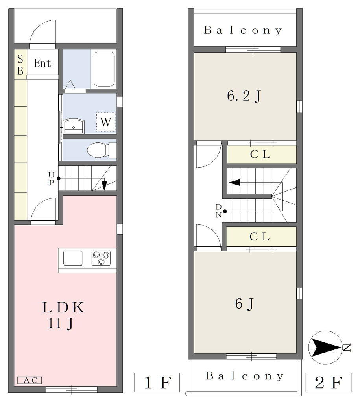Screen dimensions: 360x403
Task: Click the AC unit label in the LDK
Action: (x=30, y=380)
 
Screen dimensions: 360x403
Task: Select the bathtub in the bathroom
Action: (x=104, y=69)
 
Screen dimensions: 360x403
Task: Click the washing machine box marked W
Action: (x=106, y=122)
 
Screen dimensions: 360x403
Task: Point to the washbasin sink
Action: (x=74, y=126)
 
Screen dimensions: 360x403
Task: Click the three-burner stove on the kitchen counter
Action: (x=101, y=258)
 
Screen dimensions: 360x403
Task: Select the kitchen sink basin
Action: (x=73, y=258)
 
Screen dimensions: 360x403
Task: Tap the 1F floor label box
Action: (x=157, y=382)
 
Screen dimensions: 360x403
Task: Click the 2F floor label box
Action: (x=329, y=382)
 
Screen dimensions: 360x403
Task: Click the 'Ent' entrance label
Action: (x=42, y=63)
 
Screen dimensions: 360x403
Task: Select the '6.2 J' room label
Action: (x=244, y=96)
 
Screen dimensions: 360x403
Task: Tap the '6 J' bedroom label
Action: (x=245, y=303)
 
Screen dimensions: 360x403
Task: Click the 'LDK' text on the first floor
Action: (x=63, y=307)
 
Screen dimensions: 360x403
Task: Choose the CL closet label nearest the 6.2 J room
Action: (x=260, y=154)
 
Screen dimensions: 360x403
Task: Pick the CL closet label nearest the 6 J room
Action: (x=260, y=237)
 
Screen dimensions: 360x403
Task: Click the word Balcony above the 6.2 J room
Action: (x=243, y=30)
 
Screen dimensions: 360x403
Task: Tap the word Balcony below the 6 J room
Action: (x=245, y=376)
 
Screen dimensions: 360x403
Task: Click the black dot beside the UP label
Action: (x=59, y=178)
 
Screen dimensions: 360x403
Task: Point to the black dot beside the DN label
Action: (x=225, y=211)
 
